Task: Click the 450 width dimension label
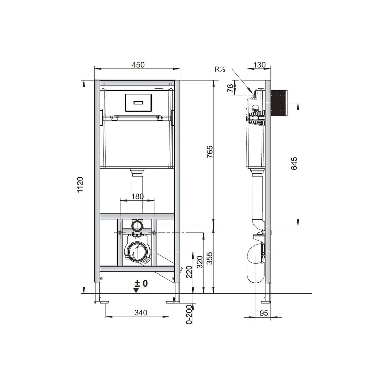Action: click(138, 65)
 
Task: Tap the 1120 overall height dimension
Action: click(80, 185)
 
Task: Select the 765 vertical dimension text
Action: click(210, 152)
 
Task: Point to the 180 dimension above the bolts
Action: click(137, 196)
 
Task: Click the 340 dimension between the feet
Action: click(141, 313)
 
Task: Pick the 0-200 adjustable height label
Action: click(189, 314)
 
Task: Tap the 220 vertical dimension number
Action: click(189, 272)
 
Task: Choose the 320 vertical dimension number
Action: click(200, 262)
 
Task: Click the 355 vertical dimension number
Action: click(210, 259)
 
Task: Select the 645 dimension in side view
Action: click(294, 164)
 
